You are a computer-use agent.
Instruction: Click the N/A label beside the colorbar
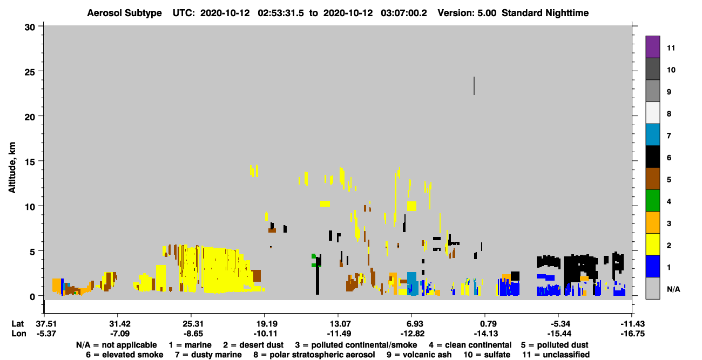click(x=673, y=289)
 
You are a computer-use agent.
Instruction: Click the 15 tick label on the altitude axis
click(x=30, y=162)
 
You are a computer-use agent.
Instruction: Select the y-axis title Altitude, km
click(x=12, y=168)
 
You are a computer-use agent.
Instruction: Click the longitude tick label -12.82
click(x=413, y=334)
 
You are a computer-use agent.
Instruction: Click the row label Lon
click(x=19, y=334)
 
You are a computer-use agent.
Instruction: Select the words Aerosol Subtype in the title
click(x=124, y=13)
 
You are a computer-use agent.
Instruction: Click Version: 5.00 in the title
click(x=467, y=13)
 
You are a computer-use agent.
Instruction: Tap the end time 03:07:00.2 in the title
click(x=404, y=13)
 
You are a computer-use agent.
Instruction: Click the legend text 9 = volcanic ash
click(x=419, y=355)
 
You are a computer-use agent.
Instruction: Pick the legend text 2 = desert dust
click(x=253, y=345)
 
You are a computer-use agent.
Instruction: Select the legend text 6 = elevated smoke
click(x=125, y=355)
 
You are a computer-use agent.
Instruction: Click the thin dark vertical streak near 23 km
click(x=474, y=85)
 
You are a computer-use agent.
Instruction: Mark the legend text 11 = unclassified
click(x=556, y=355)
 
